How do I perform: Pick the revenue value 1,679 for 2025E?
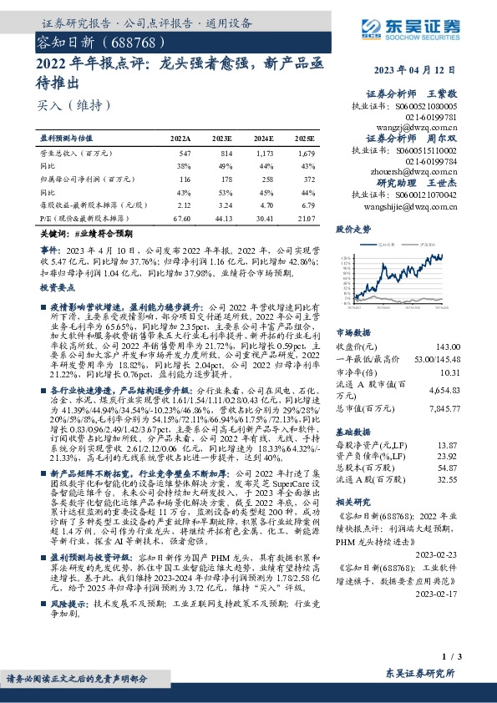(x=306, y=154)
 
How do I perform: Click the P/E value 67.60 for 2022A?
(x=180, y=218)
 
